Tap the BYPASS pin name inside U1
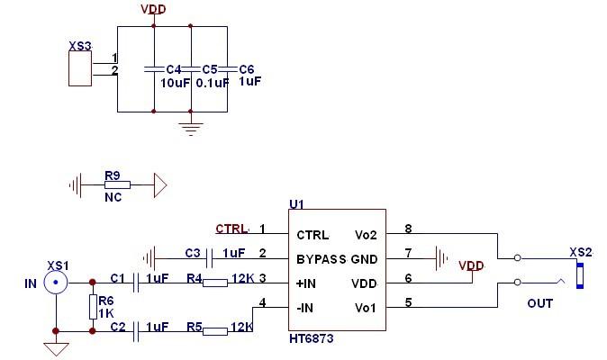pyautogui.click(x=322, y=259)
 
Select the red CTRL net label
pyautogui.click(x=231, y=228)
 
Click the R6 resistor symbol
pyautogui.click(x=92, y=307)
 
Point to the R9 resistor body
pyautogui.click(x=116, y=185)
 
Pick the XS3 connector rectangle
pyautogui.click(x=80, y=68)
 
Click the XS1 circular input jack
pyautogui.click(x=56, y=283)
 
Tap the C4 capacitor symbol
pyautogui.click(x=154, y=68)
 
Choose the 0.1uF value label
pyautogui.click(x=212, y=82)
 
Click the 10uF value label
pyautogui.click(x=175, y=82)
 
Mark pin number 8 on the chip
pyautogui.click(x=408, y=229)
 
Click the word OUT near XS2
pyautogui.click(x=539, y=303)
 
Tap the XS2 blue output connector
pyautogui.click(x=581, y=273)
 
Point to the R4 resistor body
pyautogui.click(x=215, y=283)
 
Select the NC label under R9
pyautogui.click(x=113, y=198)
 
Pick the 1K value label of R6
pyautogui.click(x=106, y=313)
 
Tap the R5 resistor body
pyautogui.click(x=215, y=331)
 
